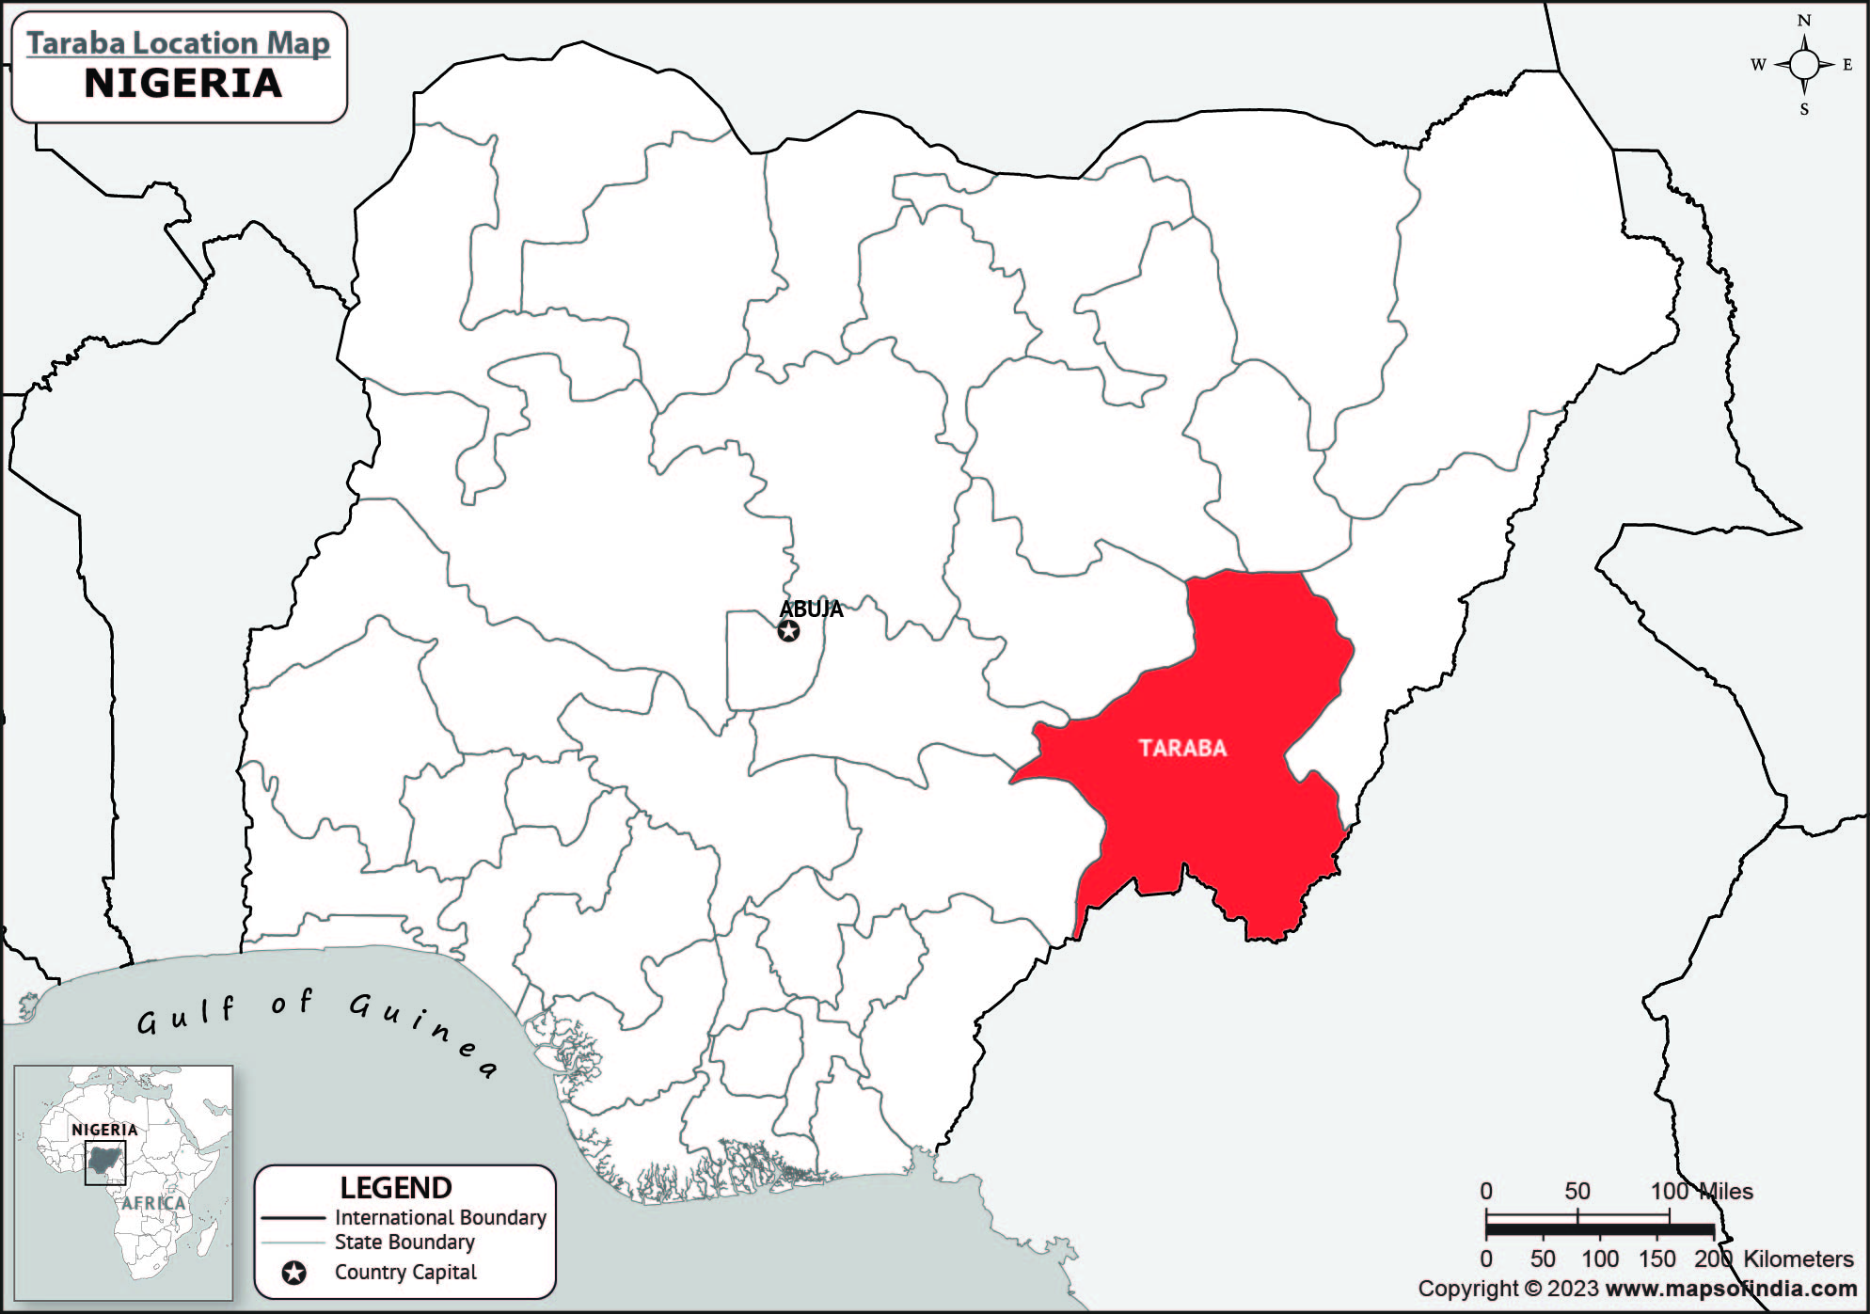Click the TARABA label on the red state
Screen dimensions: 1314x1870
click(x=1182, y=749)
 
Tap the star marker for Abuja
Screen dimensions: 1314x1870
click(x=789, y=631)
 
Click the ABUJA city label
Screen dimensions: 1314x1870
click(x=811, y=609)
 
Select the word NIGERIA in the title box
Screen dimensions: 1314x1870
click(x=183, y=84)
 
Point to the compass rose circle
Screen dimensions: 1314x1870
click(x=1804, y=65)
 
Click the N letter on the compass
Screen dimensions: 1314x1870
click(x=1804, y=21)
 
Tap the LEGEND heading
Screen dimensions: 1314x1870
click(x=396, y=1188)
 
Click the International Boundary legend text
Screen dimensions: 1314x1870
click(x=440, y=1217)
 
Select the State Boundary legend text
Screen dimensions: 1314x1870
click(x=404, y=1242)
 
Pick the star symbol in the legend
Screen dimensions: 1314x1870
click(x=294, y=1274)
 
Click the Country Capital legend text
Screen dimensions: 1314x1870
click(x=405, y=1273)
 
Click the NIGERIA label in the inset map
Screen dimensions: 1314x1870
click(x=104, y=1130)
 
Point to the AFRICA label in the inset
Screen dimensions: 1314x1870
click(x=153, y=1203)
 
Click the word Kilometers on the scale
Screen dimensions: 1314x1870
click(x=1798, y=1259)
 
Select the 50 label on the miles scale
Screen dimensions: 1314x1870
click(x=1577, y=1192)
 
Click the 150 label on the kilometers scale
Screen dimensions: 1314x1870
click(x=1656, y=1259)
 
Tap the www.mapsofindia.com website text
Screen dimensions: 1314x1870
click(x=1731, y=1289)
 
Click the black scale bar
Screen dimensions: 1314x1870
click(x=1599, y=1228)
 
